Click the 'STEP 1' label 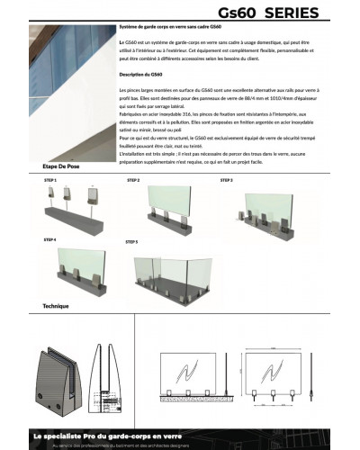(x=50, y=181)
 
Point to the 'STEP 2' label (x=133, y=181)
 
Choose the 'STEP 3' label (x=227, y=181)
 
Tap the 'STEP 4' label (x=50, y=240)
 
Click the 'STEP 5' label (x=131, y=242)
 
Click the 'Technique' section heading (x=56, y=306)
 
